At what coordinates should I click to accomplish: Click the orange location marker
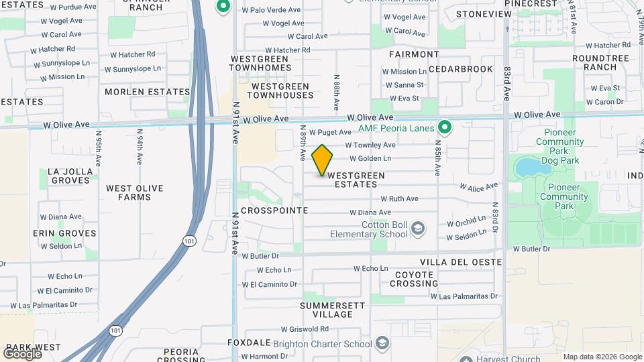[x=322, y=160]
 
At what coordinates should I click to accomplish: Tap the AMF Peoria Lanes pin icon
[x=443, y=127]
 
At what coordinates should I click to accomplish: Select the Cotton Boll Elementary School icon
[x=418, y=229]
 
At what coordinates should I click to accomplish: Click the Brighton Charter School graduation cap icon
[x=382, y=344]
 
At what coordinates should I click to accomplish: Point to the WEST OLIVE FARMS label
[x=134, y=192]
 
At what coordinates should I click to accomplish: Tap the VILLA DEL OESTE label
[x=461, y=261]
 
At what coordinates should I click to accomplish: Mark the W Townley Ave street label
[x=370, y=145]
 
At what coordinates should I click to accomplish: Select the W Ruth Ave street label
[x=399, y=198]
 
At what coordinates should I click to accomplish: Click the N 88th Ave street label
[x=335, y=93]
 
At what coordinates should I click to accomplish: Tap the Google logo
[x=22, y=353]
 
